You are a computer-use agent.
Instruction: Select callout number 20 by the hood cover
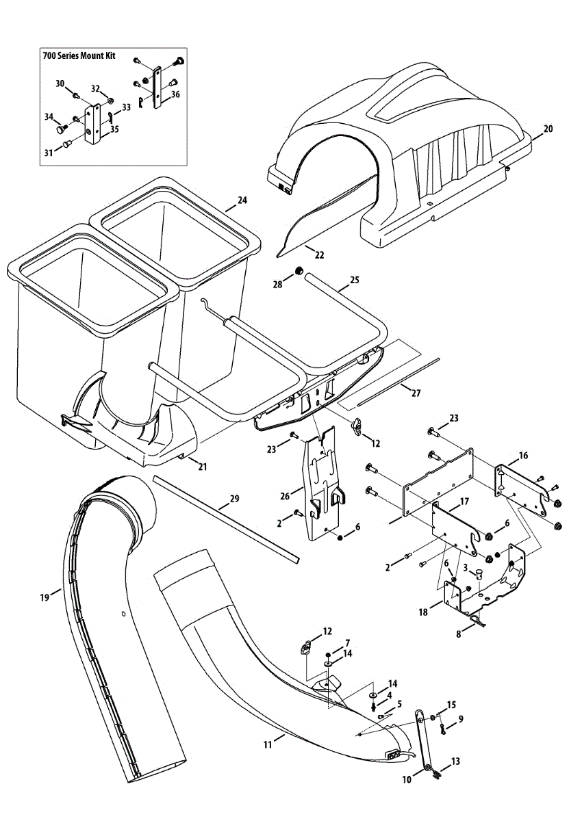(x=548, y=129)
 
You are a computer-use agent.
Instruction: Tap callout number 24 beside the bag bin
(x=242, y=200)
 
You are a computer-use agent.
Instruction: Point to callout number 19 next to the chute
(x=45, y=597)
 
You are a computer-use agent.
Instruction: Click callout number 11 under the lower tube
(x=268, y=741)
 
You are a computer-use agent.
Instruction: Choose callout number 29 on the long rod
(x=234, y=499)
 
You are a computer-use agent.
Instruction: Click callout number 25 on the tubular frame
(x=354, y=280)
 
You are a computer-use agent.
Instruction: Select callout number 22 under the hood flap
(x=319, y=255)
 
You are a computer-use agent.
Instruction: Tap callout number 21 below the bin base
(x=203, y=467)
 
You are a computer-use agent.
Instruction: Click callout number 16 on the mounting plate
(x=524, y=455)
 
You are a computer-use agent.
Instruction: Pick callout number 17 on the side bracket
(x=464, y=501)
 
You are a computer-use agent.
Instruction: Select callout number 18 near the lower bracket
(x=423, y=612)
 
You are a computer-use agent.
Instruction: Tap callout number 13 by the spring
(x=456, y=761)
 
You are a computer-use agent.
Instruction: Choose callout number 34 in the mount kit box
(x=49, y=117)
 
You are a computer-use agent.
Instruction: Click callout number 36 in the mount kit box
(x=175, y=94)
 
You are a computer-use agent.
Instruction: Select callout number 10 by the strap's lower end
(x=406, y=779)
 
